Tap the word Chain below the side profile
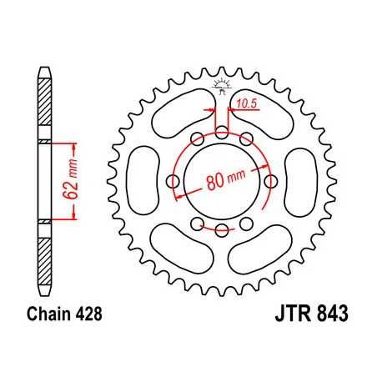coord(44,318)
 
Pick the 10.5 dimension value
coord(245,105)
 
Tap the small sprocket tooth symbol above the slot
coord(221,85)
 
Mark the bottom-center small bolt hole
coord(221,229)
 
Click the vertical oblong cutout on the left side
coord(143,182)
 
